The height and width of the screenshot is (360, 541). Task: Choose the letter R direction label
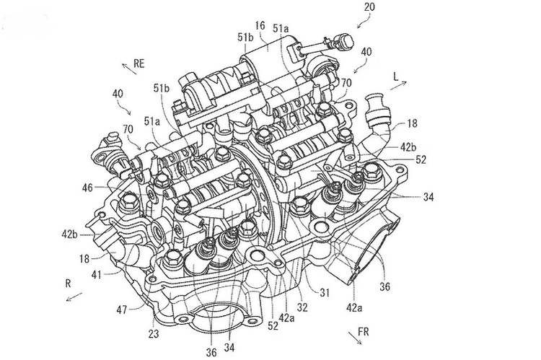point(67,284)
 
